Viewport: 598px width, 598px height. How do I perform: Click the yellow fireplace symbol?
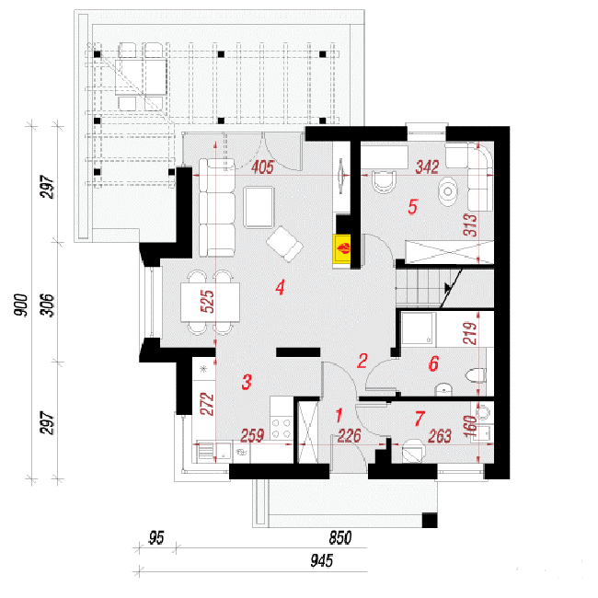(342, 248)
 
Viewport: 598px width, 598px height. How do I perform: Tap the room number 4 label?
(281, 287)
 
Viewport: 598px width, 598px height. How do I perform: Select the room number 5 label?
(413, 207)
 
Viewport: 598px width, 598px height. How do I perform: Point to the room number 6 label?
(433, 363)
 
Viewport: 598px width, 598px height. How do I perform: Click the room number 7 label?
(420, 419)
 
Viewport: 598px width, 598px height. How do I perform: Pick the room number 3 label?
(247, 382)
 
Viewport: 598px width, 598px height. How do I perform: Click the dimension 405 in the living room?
(263, 167)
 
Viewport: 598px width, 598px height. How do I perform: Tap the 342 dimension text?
(427, 167)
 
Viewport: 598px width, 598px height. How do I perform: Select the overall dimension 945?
(321, 560)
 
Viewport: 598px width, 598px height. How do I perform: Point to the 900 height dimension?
(21, 305)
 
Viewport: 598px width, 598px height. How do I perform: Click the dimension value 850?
(339, 538)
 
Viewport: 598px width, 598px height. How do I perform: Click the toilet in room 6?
(477, 375)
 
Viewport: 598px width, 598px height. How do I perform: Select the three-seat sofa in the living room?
(217, 208)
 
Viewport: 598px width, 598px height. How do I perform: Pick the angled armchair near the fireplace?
(285, 244)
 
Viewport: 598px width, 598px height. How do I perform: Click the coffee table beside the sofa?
(259, 207)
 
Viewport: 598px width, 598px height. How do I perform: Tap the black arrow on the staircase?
(448, 288)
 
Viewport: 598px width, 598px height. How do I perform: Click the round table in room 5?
(448, 191)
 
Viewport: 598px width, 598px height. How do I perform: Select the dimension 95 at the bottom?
(156, 538)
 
